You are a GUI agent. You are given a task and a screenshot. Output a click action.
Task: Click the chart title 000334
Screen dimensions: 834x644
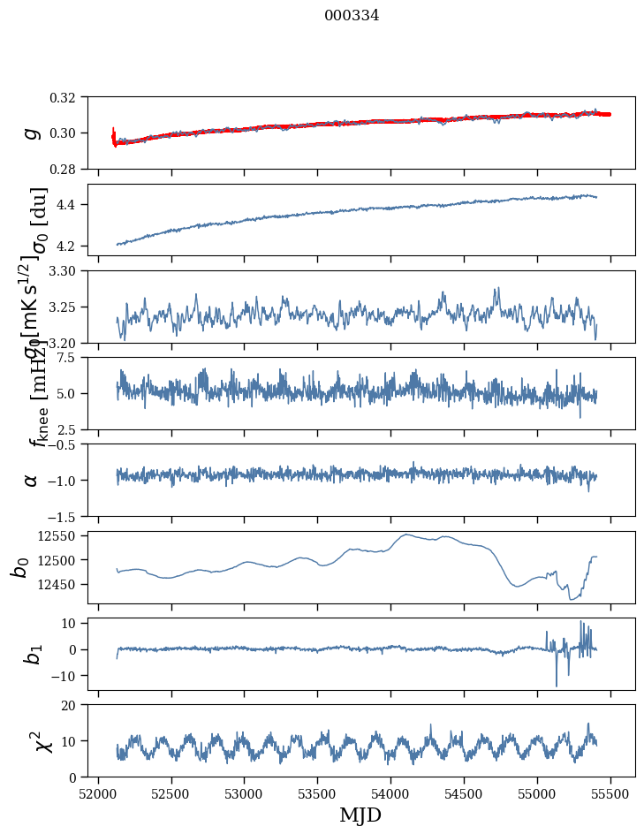coord(352,16)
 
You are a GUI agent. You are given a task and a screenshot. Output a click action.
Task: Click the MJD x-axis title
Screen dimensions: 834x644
coord(360,815)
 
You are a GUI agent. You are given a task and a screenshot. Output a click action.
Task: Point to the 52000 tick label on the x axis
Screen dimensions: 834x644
coord(98,793)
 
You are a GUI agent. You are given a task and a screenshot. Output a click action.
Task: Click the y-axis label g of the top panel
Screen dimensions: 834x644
coord(32,133)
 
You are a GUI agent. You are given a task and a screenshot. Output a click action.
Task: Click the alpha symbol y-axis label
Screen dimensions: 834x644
coord(32,480)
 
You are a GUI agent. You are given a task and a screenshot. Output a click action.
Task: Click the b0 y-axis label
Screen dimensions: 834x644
coord(19,566)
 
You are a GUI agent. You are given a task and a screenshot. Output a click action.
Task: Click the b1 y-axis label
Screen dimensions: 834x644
coord(32,653)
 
